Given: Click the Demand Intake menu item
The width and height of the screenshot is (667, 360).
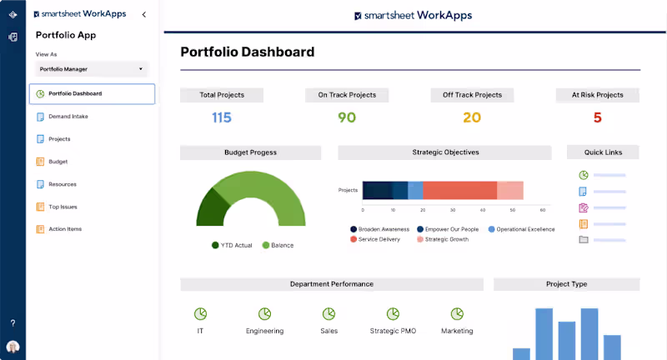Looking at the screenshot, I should click(68, 117).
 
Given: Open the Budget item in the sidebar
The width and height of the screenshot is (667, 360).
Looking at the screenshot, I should click(58, 162).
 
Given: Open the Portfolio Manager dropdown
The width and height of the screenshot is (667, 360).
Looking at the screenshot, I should click(92, 69).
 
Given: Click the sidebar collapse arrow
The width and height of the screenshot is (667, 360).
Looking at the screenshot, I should click(144, 15).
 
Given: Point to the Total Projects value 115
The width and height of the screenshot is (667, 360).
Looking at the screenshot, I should click(221, 117).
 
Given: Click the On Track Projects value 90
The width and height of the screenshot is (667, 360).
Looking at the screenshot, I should click(347, 117).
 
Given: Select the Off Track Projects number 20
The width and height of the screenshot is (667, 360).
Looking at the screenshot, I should click(472, 117).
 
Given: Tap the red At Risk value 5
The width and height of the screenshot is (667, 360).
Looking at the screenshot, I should click(597, 117).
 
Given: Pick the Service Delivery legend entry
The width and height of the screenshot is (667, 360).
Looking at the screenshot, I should click(379, 239).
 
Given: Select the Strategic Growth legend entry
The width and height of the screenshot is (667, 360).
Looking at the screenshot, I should click(446, 239).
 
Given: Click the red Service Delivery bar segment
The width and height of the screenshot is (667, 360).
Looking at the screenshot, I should click(460, 190).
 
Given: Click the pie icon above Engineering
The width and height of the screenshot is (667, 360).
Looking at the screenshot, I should click(264, 313).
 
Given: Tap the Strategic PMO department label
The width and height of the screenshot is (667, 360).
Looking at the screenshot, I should click(393, 331).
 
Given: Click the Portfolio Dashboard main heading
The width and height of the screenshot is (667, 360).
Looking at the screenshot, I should click(248, 52).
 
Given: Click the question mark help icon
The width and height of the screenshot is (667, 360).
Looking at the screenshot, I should click(13, 322).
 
